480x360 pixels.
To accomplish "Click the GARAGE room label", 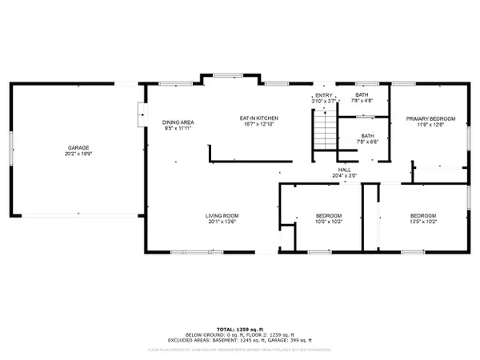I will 78,147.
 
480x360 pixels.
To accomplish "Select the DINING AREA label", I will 179,122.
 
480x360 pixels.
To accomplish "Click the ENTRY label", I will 323,95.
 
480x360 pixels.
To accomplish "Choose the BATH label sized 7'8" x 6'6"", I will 367,136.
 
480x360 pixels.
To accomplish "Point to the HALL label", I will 345,170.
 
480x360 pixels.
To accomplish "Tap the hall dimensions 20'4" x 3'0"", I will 345,175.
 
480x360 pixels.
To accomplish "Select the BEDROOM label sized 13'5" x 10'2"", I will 423,216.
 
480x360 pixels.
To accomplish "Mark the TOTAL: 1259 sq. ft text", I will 239,329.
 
